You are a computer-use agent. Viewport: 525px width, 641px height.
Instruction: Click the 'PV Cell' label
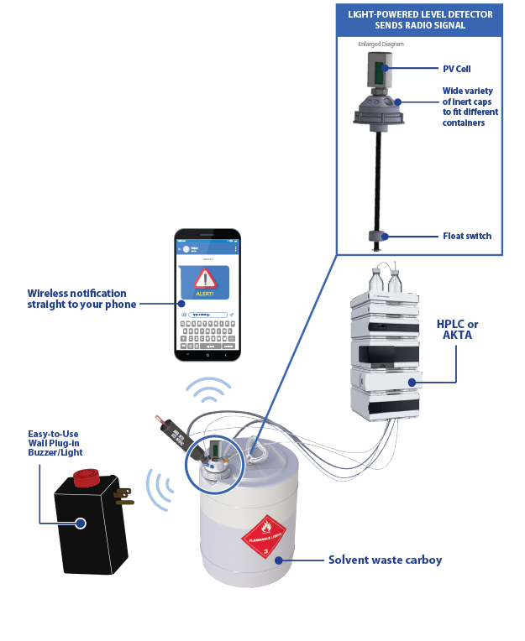(457, 69)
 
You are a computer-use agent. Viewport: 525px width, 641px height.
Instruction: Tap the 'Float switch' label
(467, 237)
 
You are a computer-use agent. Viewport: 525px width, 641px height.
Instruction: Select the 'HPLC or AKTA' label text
(458, 330)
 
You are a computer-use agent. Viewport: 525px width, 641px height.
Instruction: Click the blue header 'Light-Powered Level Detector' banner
(420, 19)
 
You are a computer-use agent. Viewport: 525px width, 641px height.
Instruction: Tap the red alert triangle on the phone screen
(204, 279)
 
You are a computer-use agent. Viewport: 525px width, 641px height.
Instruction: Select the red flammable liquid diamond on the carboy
(264, 534)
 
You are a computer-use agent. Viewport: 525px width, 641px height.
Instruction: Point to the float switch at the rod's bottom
(378, 237)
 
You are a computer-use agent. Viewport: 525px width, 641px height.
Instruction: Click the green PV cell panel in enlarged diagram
(379, 71)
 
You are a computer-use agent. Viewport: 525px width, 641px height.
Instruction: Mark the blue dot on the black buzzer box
(80, 523)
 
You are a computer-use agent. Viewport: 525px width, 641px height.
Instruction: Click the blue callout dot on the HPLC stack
(412, 383)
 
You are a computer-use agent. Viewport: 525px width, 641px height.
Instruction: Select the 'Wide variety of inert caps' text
(470, 107)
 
